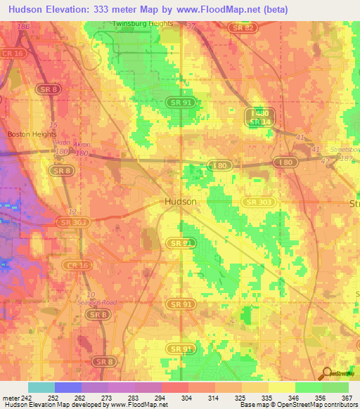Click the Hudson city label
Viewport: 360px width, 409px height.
[180, 201]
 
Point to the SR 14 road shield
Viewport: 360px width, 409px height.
[259, 122]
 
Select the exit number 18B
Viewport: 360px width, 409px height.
[25, 26]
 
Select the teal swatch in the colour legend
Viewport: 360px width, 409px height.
[41, 387]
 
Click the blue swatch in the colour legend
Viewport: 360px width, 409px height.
[68, 387]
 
